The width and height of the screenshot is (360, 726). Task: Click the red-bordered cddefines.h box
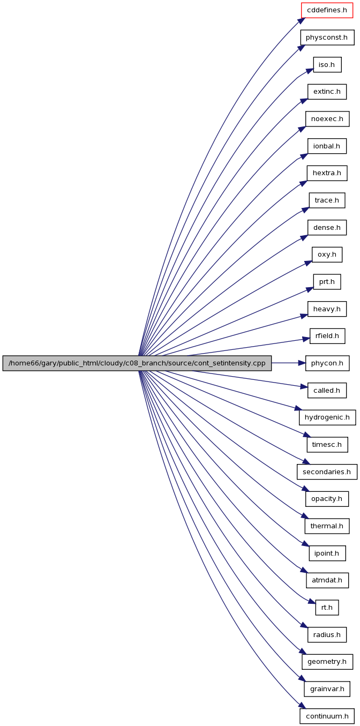(x=327, y=10)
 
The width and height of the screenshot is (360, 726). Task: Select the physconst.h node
(x=327, y=38)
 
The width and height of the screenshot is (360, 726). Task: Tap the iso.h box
(x=327, y=64)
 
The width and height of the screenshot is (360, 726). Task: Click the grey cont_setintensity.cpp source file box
(x=137, y=363)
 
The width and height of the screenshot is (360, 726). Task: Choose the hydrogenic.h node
(x=327, y=417)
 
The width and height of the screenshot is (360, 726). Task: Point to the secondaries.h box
(x=327, y=472)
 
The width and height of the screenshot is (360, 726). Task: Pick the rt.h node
(x=327, y=608)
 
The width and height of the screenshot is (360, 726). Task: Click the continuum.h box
(x=327, y=716)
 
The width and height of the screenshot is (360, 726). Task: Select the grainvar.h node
(x=327, y=689)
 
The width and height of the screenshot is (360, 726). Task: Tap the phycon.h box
(x=327, y=363)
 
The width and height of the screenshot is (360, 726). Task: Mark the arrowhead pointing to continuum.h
(x=302, y=706)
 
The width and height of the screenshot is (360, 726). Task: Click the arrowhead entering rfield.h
(x=306, y=339)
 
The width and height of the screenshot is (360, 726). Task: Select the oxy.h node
(x=327, y=255)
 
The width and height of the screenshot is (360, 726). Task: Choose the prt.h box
(x=327, y=282)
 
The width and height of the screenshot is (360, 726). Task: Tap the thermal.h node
(x=327, y=526)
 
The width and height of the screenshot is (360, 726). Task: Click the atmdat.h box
(x=327, y=580)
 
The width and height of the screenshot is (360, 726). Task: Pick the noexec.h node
(x=327, y=119)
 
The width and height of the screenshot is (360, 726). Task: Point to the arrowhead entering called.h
(x=304, y=387)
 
